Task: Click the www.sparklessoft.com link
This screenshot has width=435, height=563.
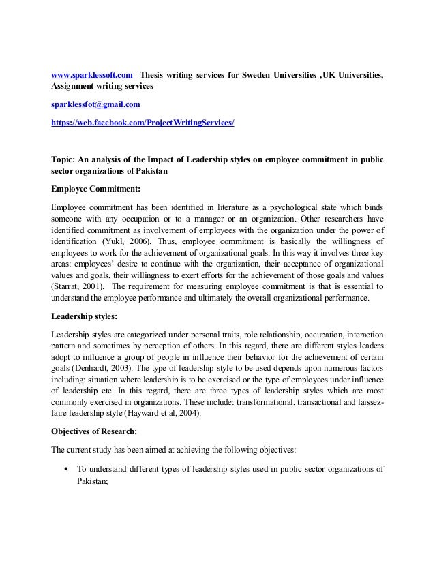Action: pos(92,74)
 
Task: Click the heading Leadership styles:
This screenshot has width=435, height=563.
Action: pos(85,316)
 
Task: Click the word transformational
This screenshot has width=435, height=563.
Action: pos(274,398)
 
